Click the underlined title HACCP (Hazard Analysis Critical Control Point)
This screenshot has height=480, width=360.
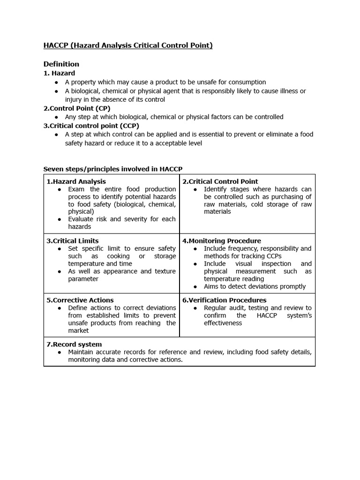pos(128,45)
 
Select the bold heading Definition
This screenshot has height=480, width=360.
pos(61,64)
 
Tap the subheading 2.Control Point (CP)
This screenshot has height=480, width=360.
pos(77,108)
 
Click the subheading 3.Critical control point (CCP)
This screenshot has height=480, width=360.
pos(91,126)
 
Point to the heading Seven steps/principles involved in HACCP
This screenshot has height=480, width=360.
pos(113,169)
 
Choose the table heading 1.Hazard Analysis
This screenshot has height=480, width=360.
pos(76,181)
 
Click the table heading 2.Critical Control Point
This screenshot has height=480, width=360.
pos(220,181)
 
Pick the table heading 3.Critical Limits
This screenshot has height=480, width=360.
pos(73,241)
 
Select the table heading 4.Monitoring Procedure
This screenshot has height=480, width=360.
pos(222,241)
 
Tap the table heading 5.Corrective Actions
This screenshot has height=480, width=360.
pos(80,300)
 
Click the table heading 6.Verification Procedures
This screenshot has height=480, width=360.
pos(224,300)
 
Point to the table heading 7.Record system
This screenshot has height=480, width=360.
pos(74,344)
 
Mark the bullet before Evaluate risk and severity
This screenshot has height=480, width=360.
pos(60,219)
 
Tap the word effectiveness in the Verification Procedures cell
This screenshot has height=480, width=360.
pos(223,323)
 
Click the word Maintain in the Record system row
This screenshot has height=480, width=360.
pos(82,352)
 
